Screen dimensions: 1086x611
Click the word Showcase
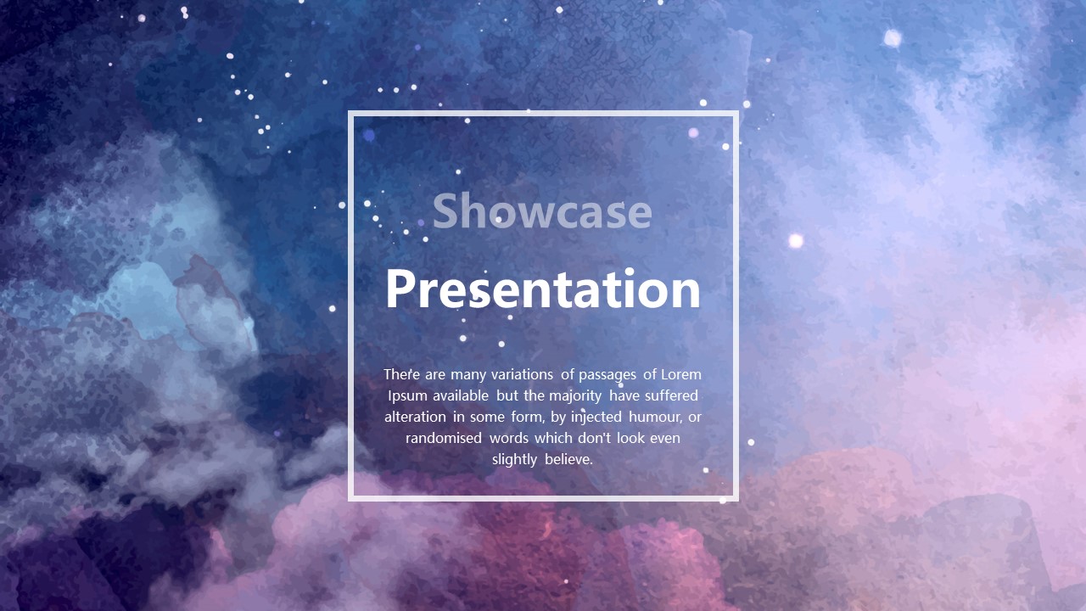tap(542, 211)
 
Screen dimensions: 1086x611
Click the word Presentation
tap(543, 289)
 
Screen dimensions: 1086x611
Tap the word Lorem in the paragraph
tap(681, 374)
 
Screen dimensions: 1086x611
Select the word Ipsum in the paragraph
tap(407, 396)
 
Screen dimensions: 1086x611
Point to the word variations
tap(522, 374)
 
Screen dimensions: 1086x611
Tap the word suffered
tap(675, 395)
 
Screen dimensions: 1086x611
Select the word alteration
tap(415, 417)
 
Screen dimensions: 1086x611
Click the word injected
tap(596, 418)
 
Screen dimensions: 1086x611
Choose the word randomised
tap(444, 439)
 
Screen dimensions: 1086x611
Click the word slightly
tap(514, 460)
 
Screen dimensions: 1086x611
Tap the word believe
tap(568, 459)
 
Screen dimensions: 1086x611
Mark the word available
tap(461, 395)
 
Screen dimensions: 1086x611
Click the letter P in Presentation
tap(400, 289)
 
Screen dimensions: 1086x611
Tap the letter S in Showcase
tap(445, 211)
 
